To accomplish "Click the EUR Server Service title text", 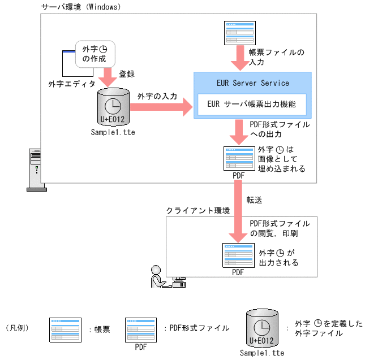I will [252, 83].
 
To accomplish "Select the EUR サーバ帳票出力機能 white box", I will [252, 104].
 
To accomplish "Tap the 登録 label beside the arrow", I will [127, 74].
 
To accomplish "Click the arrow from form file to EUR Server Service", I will [238, 58].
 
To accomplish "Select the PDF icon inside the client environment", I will [238, 256].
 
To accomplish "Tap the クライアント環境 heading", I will [198, 210].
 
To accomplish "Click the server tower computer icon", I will [35, 170].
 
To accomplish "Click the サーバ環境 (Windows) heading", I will [81, 7].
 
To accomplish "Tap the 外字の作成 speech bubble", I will [91, 53].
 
